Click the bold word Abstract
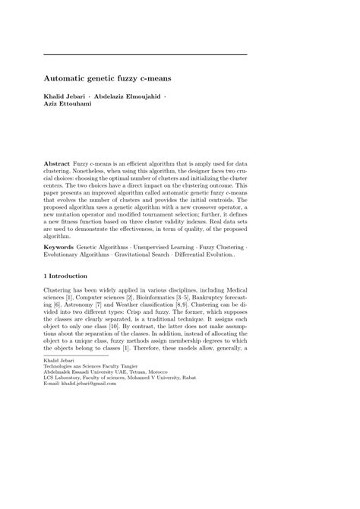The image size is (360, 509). pyautogui.click(x=57, y=163)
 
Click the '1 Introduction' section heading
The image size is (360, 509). pyautogui.click(x=66, y=276)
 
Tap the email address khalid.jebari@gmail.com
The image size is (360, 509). pyautogui.click(x=90, y=383)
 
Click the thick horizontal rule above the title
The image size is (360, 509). pyautogui.click(x=145, y=54)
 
